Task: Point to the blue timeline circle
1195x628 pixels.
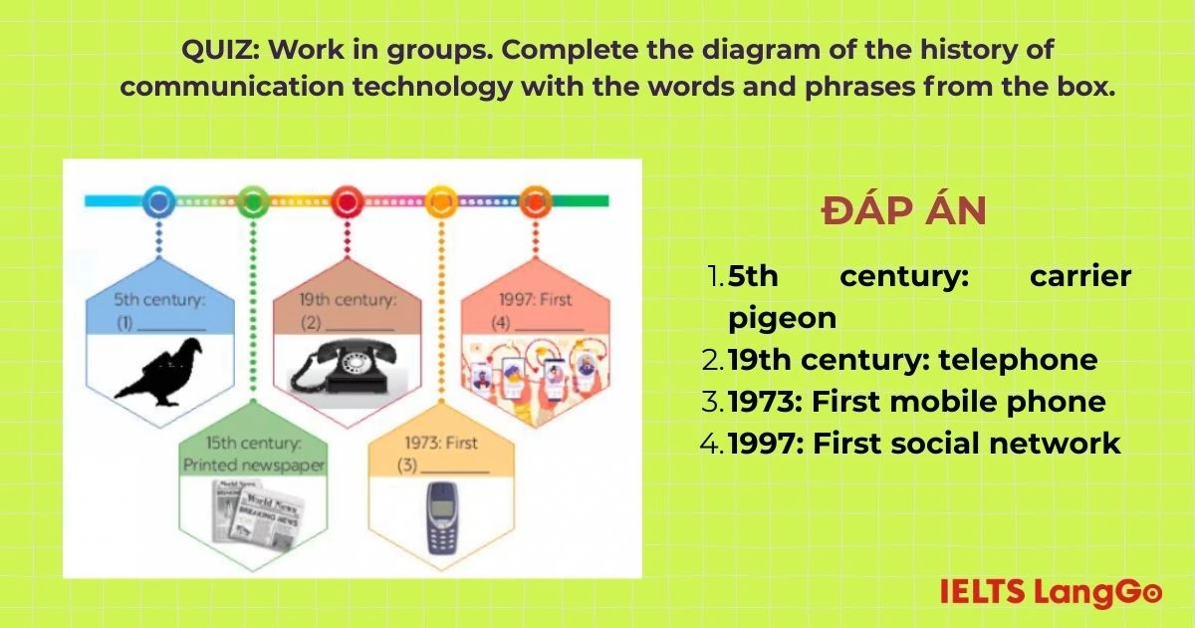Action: (158, 201)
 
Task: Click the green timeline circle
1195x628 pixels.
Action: (253, 201)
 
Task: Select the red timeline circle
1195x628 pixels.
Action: (347, 201)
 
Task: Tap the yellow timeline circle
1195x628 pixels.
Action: (441, 201)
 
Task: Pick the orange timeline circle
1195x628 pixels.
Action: (535, 201)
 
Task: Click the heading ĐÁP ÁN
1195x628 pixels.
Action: (903, 211)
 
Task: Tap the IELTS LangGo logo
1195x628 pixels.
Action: (1050, 591)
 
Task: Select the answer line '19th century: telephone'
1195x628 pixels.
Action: (912, 359)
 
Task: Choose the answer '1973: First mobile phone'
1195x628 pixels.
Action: (916, 401)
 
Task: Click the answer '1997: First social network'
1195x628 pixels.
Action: (924, 443)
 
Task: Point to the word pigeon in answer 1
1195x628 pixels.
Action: (782, 318)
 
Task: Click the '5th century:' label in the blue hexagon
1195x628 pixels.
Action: (158, 298)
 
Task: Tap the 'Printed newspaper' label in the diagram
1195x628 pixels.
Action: (253, 466)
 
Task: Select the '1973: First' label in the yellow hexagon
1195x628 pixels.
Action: (441, 443)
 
